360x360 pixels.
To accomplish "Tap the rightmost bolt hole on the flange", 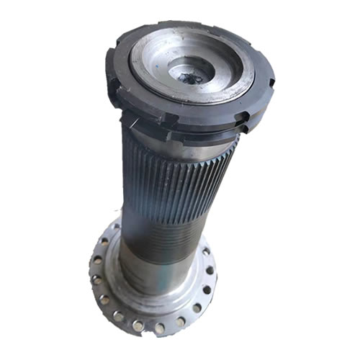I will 210,271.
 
